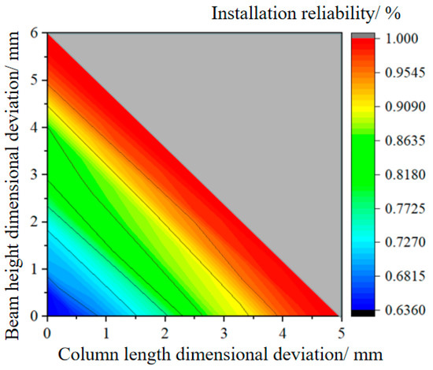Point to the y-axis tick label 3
[35, 175]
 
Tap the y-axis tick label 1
[35, 269]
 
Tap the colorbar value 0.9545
[398, 73]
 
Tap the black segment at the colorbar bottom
[360, 312]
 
